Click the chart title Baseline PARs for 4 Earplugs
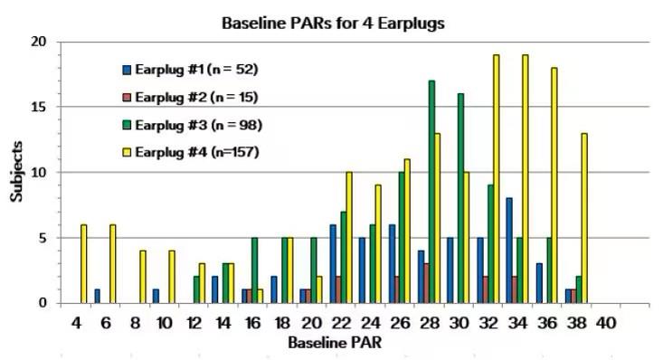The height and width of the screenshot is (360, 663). (x=332, y=24)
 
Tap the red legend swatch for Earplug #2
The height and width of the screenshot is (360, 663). (x=128, y=97)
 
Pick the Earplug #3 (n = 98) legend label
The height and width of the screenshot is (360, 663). (x=198, y=124)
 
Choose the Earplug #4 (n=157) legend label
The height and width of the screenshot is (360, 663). (x=196, y=151)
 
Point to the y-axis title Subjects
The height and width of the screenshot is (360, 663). (x=16, y=172)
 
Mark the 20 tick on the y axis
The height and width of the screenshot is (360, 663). (x=42, y=42)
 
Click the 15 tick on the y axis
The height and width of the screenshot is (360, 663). (x=42, y=107)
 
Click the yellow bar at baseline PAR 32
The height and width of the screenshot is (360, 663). (x=496, y=179)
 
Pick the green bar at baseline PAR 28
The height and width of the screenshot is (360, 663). (x=431, y=192)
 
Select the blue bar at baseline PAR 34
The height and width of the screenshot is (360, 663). (x=509, y=251)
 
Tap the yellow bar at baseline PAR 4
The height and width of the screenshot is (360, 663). (x=84, y=263)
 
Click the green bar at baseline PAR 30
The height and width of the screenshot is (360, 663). (x=460, y=198)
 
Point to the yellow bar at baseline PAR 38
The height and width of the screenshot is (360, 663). (x=584, y=218)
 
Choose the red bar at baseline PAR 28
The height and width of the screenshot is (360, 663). (x=424, y=283)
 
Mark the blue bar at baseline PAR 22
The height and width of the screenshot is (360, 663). (x=332, y=263)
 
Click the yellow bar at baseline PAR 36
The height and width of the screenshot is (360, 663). (x=554, y=185)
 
